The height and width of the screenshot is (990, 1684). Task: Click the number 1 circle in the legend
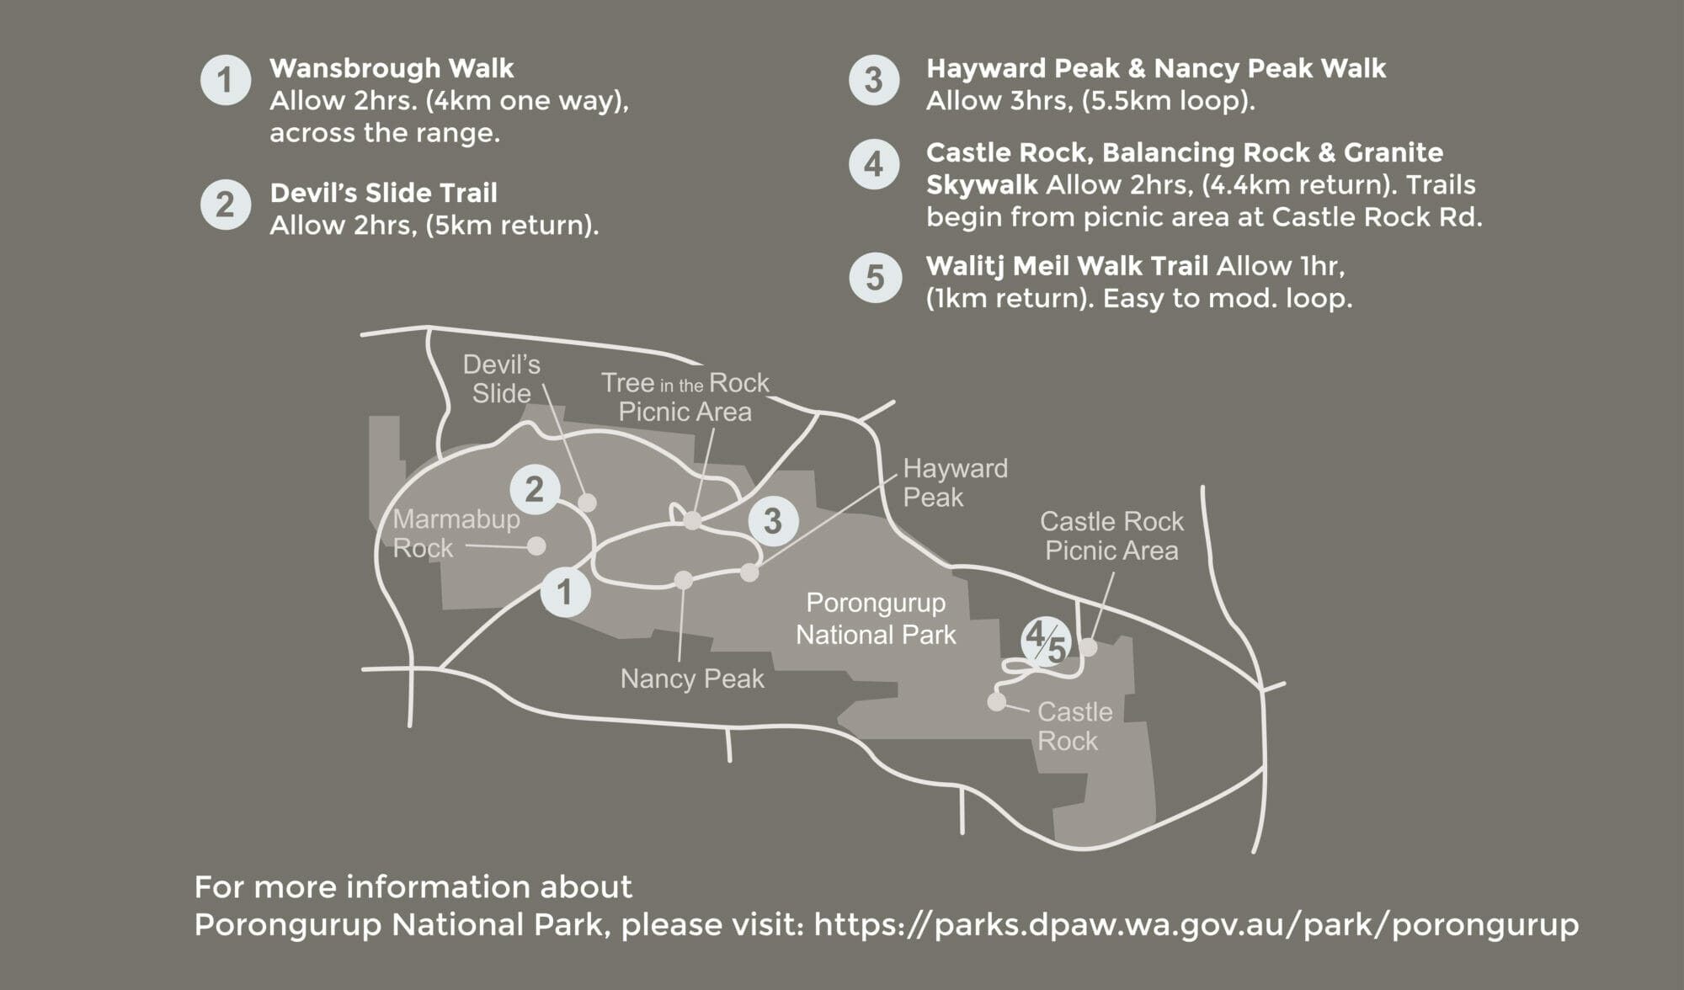(226, 81)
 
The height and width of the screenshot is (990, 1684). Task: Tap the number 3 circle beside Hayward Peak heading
(874, 81)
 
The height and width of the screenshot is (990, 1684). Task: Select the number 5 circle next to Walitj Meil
(875, 278)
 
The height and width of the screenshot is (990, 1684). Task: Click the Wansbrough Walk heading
(392, 68)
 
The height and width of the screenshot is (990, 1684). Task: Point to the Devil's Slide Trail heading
(383, 193)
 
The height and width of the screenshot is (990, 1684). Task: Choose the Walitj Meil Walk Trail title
(1067, 266)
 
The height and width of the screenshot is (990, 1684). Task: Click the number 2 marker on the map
(535, 489)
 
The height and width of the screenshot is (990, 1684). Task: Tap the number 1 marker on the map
(565, 591)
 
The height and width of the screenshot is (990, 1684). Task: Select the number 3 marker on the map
(772, 520)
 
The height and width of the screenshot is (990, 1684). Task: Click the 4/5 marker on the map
(1046, 642)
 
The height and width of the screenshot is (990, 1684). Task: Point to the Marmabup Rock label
(456, 534)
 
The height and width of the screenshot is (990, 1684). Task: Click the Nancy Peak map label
(692, 679)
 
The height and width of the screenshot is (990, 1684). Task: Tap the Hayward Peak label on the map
(955, 482)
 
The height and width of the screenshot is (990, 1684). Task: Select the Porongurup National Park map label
(876, 619)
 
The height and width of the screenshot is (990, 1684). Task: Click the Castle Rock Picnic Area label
(1111, 535)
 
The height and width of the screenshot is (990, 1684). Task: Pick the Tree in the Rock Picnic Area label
(685, 397)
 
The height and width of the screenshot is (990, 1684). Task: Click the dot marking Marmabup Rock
(536, 546)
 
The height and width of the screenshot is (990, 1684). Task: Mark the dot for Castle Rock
(997, 701)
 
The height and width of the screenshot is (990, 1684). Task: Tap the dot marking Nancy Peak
(684, 580)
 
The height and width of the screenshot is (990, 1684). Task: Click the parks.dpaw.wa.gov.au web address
(1196, 924)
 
